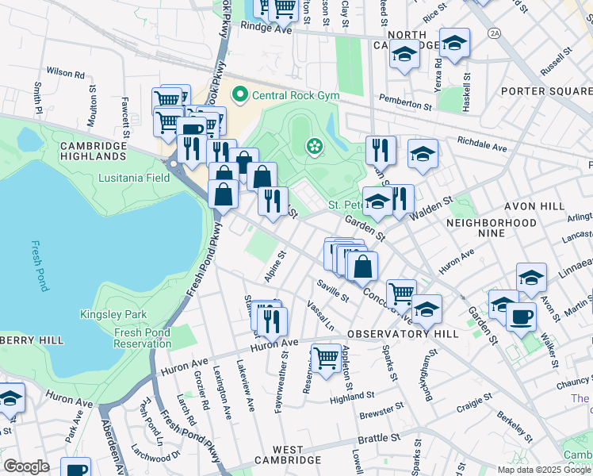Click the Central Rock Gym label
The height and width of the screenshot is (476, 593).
295,96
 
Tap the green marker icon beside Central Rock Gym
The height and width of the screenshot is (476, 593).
239,96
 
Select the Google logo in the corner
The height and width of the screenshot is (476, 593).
26,466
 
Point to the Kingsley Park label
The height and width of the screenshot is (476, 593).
113,315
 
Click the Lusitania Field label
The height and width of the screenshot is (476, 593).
134,178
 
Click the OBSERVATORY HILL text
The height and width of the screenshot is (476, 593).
402,334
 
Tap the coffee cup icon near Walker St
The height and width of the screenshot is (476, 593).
521,317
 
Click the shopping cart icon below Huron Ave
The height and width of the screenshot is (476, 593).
326,358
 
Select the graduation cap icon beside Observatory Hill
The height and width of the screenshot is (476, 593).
426,310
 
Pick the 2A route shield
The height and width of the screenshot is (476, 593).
495,33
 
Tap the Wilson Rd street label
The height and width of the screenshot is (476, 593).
65,73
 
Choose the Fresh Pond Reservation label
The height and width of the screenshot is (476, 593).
142,338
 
